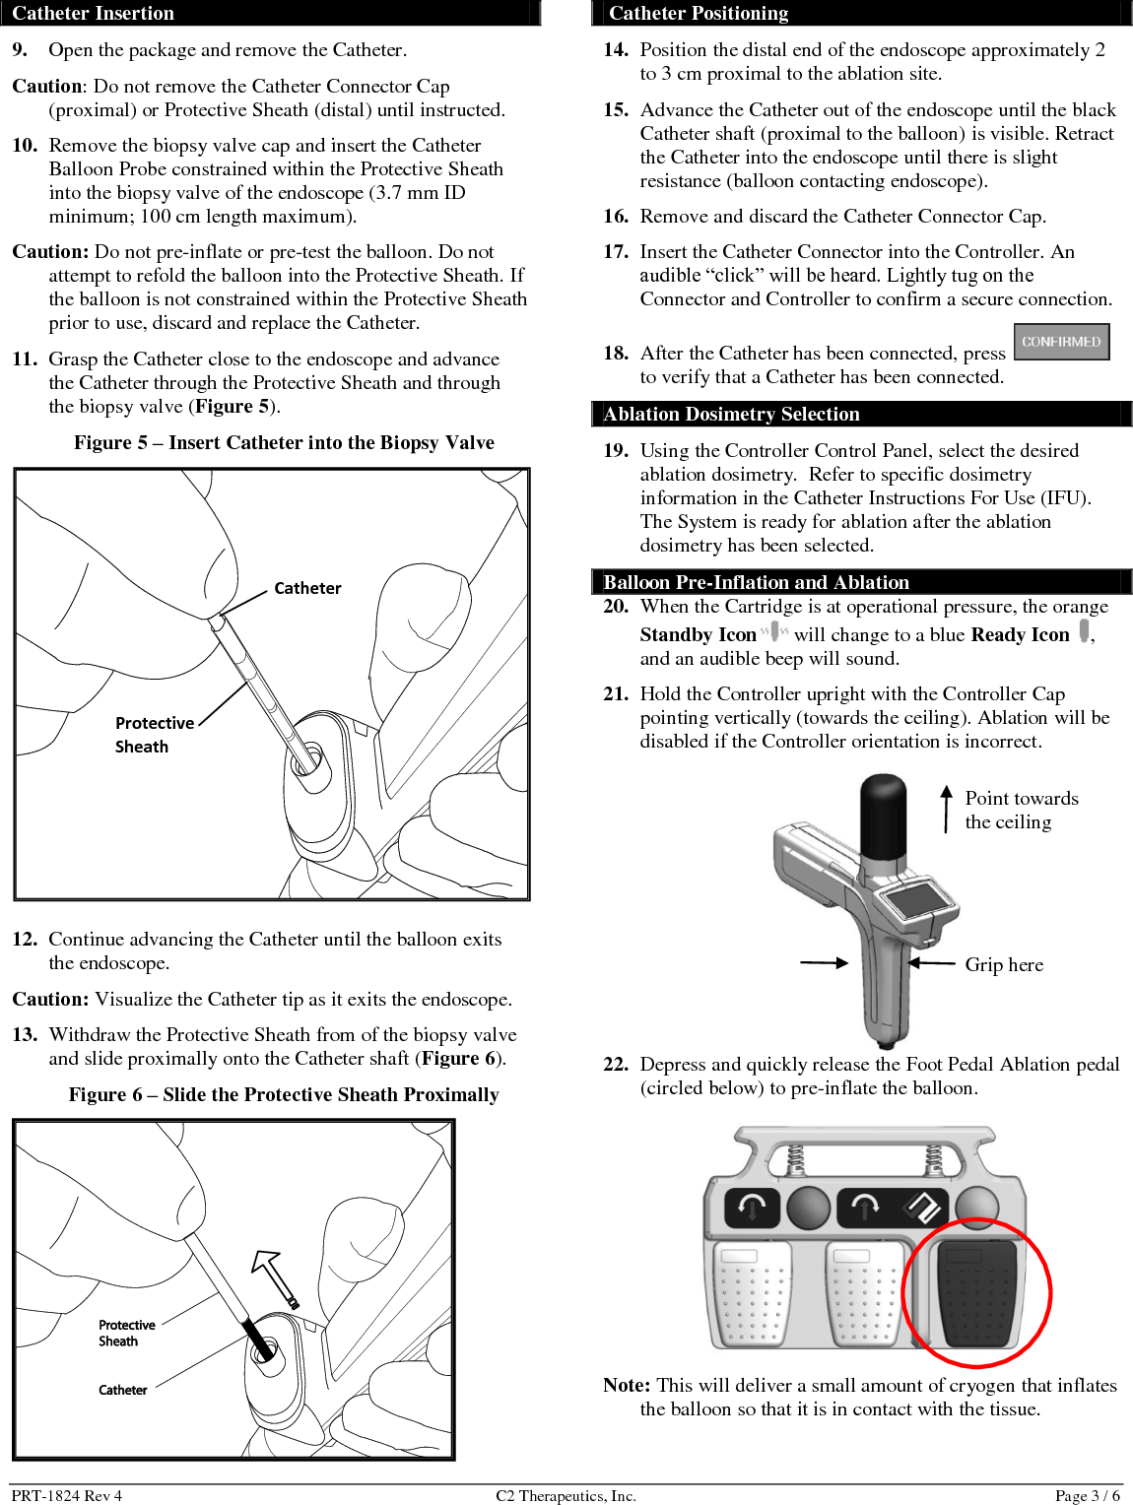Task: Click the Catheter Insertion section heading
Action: pos(93,13)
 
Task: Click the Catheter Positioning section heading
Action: pos(698,13)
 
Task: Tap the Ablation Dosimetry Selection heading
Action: pos(731,414)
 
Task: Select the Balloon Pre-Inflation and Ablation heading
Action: pos(756,582)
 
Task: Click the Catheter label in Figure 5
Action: pos(307,588)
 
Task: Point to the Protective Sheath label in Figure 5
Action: pos(154,734)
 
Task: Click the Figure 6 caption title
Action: pos(284,1094)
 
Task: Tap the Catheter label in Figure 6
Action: pos(122,1390)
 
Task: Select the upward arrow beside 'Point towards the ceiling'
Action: pos(946,808)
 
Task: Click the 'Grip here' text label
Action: pos(1004,964)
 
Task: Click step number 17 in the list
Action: pos(616,252)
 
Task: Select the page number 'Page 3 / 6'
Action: pos(1087,1495)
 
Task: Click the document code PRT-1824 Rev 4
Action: pos(67,1495)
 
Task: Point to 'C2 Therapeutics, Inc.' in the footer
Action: pos(566,1495)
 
